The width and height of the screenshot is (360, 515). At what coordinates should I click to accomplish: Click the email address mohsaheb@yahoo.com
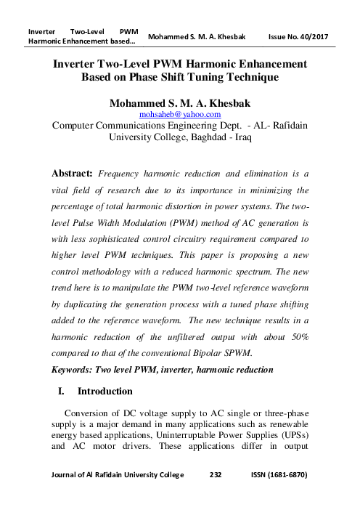180,114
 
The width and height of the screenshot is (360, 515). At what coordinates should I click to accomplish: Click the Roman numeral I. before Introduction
62,392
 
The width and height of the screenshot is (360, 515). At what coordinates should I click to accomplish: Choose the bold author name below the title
180,102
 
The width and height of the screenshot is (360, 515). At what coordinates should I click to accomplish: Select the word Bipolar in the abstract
224,354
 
